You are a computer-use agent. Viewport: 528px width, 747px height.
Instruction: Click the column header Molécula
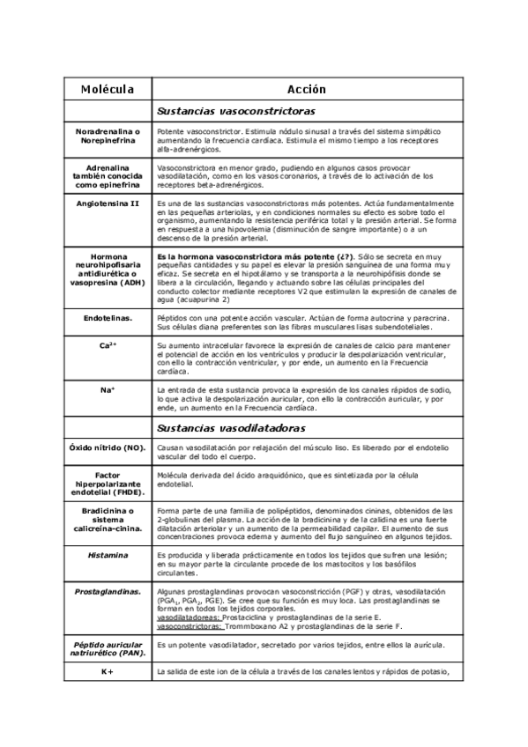coord(108,89)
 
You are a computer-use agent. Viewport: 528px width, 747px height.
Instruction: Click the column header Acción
coord(306,89)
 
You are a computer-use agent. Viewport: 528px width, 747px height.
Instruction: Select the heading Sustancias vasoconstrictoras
coord(235,112)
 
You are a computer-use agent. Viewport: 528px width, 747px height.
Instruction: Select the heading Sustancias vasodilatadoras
coord(231,428)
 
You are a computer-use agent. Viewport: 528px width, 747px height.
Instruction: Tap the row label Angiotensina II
coord(108,203)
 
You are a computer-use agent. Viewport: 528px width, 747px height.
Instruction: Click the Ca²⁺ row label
coord(108,346)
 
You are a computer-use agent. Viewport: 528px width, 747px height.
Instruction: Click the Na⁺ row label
coord(108,388)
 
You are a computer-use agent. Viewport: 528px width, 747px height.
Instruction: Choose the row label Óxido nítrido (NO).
coord(108,448)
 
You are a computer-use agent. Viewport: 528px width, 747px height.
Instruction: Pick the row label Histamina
coord(108,555)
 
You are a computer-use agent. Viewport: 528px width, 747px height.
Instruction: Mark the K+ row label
coord(108,672)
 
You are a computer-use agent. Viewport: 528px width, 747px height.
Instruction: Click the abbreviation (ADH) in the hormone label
coord(131,282)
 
